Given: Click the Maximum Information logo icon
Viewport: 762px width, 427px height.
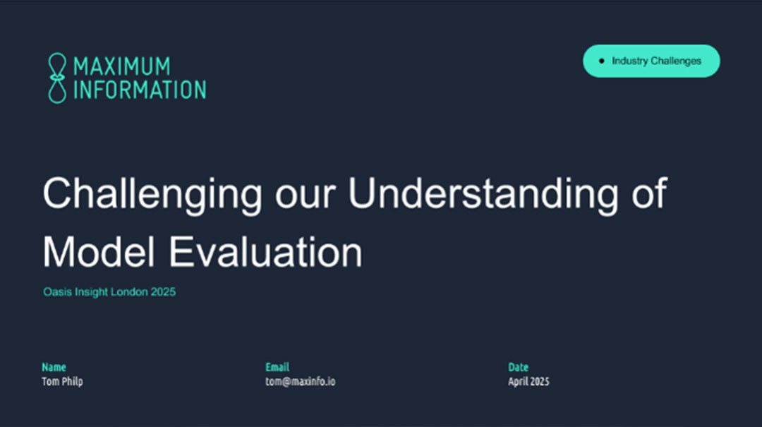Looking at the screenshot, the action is [x=57, y=78].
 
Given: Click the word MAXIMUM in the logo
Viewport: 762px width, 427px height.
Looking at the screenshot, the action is [x=122, y=66].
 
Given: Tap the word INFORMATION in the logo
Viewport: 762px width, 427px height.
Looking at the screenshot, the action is [x=140, y=90].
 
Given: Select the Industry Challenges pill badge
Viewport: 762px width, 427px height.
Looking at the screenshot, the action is [x=651, y=61].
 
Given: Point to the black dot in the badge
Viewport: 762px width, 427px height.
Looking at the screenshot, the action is [x=602, y=61].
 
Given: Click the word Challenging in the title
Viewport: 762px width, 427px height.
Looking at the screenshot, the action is [x=152, y=194].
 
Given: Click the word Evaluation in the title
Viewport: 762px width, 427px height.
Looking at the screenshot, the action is [x=265, y=252].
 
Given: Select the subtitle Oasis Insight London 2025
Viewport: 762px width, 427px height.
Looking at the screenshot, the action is [x=109, y=291].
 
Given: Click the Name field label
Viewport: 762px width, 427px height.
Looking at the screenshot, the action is [x=54, y=367].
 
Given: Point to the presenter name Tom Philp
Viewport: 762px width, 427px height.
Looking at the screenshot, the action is [x=62, y=381].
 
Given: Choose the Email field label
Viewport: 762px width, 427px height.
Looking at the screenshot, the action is [x=277, y=367].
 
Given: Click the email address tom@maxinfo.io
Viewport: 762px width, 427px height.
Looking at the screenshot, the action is [x=301, y=381].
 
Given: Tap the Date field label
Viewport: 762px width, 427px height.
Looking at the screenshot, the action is [x=518, y=367].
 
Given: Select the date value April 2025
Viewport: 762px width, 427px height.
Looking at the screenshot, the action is [x=528, y=381].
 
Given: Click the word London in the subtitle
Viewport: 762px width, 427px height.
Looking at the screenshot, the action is [x=129, y=291].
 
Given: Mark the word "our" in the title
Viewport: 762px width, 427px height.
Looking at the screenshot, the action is [x=306, y=198].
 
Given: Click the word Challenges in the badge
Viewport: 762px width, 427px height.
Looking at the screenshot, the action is [x=676, y=61].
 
